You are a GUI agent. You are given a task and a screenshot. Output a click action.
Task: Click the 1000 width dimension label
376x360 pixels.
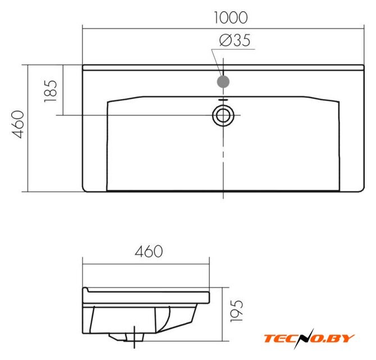(x=230, y=17)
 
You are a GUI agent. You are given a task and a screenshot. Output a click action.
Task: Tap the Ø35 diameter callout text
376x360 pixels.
(x=235, y=40)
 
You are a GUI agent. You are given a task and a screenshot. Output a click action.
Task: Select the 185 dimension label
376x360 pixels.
(x=51, y=91)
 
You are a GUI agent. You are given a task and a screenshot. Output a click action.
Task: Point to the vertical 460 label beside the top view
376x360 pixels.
(x=18, y=124)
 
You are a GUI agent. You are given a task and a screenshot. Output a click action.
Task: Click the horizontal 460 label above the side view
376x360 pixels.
(x=149, y=251)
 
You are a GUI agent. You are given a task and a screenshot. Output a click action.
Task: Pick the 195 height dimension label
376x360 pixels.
(x=237, y=311)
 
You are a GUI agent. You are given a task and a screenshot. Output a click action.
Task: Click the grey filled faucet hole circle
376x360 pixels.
(x=223, y=82)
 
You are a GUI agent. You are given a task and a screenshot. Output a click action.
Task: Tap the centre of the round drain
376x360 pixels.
(x=223, y=115)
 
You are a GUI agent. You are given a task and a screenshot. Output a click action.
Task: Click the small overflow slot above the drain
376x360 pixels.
(x=223, y=100)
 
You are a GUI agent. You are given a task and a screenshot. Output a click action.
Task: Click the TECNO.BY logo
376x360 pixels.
(x=309, y=338)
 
